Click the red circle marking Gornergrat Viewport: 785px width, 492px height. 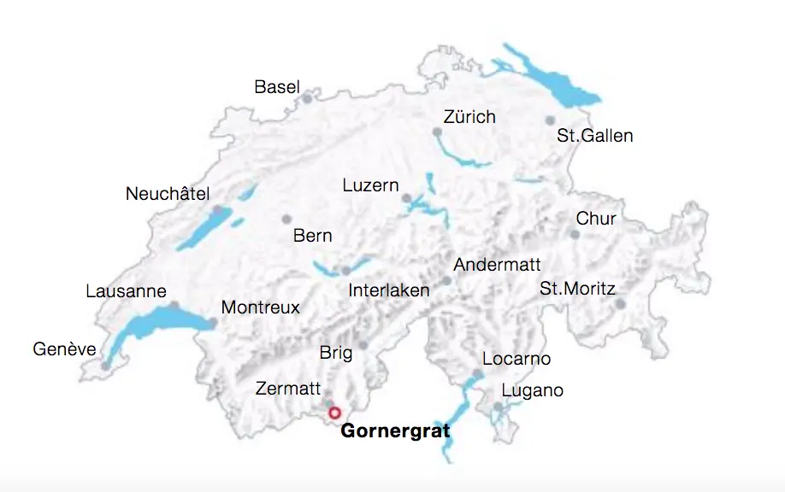(335, 412)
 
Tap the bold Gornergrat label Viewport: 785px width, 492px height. (395, 431)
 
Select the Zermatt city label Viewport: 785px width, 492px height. (288, 389)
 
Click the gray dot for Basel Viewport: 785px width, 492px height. (306, 98)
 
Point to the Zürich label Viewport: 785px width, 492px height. (469, 117)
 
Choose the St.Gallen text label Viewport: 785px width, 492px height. (594, 136)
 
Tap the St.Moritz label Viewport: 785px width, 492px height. (577, 289)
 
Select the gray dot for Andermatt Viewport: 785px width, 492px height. (446, 281)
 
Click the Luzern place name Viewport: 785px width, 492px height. (370, 185)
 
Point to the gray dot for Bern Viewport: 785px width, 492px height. (286, 219)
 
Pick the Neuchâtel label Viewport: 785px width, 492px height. (168, 194)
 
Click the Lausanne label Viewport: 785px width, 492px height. (126, 291)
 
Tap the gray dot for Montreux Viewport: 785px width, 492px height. (212, 323)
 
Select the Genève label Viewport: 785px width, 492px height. (65, 349)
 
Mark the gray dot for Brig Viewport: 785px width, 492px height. (363, 345)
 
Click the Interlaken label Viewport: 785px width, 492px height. (389, 290)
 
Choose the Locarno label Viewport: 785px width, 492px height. (516, 359)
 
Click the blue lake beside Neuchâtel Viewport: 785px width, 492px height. (205, 226)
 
